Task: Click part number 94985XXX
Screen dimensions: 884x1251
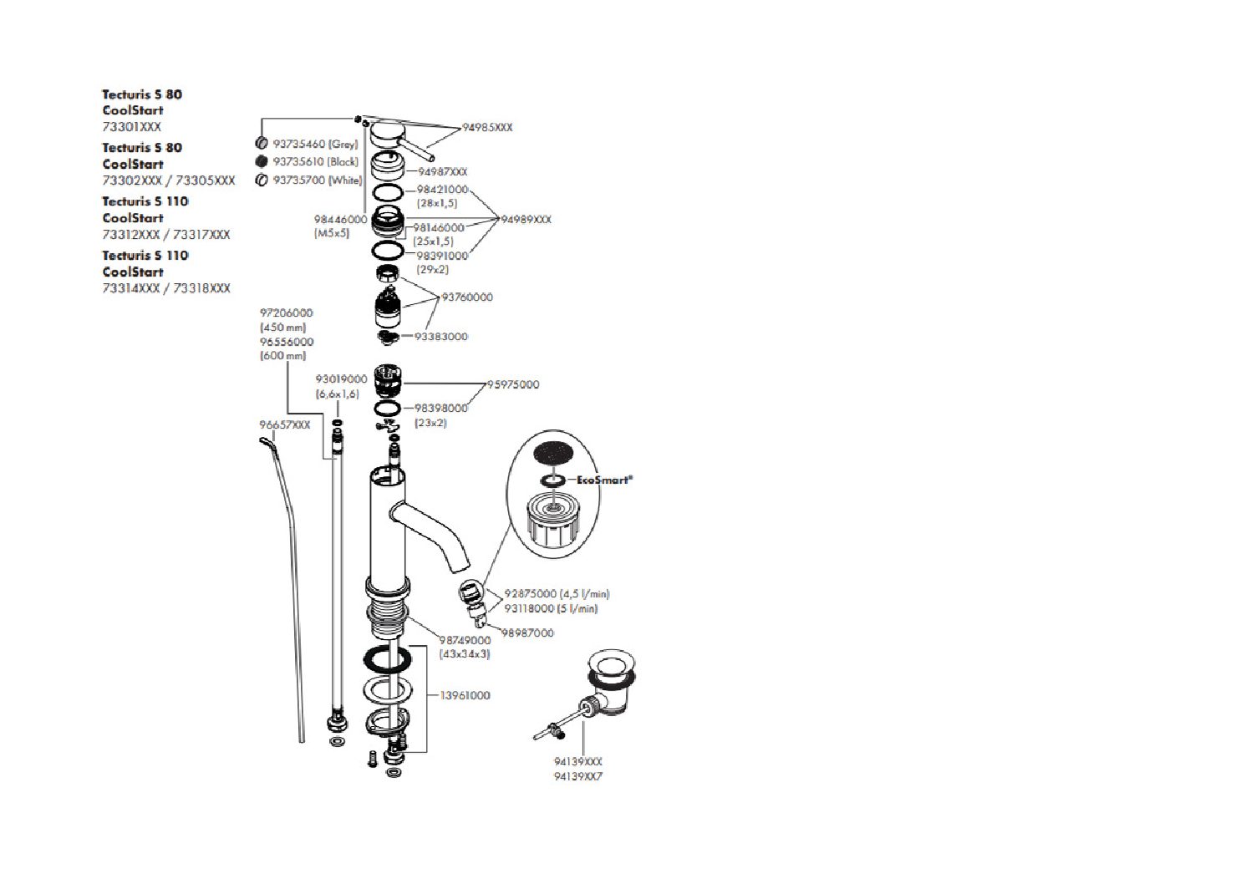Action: click(488, 128)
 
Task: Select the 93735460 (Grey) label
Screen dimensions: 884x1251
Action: click(315, 145)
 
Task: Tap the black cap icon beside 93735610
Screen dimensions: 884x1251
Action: click(262, 161)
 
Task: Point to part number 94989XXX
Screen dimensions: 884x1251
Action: click(526, 220)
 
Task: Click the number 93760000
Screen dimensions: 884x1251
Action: click(467, 297)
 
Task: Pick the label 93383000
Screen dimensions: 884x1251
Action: click(441, 337)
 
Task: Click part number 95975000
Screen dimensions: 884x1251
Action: click(513, 385)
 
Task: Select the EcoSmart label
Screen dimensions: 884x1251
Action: click(604, 480)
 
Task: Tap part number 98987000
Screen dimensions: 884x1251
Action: click(527, 633)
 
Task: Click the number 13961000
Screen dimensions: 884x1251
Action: click(465, 695)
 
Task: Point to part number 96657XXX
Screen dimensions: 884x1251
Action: click(284, 425)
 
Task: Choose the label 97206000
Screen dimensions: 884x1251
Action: click(287, 313)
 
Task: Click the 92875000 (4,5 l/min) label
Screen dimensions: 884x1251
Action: click(557, 594)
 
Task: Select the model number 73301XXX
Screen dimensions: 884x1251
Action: click(132, 127)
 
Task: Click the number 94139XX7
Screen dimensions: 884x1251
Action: click(578, 777)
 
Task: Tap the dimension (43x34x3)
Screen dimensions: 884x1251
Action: click(465, 654)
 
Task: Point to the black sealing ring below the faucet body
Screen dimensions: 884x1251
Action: click(387, 659)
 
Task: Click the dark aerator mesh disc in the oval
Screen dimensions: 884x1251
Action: click(553, 454)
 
